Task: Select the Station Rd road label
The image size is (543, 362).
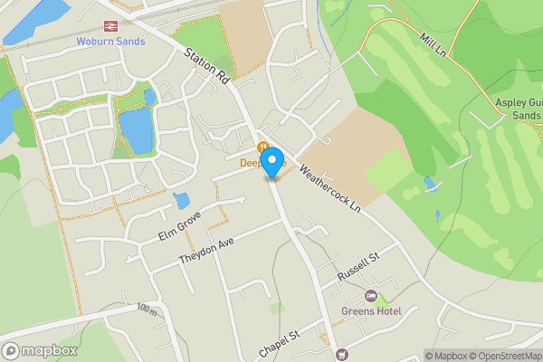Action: coord(205,66)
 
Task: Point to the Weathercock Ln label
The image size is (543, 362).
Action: coord(329,188)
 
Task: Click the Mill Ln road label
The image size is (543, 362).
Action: coord(435,45)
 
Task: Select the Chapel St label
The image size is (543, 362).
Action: coord(278,343)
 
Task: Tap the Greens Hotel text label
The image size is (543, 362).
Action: coord(370,312)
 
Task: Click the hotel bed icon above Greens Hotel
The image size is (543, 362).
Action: coord(370,297)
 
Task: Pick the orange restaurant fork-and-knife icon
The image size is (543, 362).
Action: coord(262,148)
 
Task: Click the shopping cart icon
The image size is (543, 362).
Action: coord(340,354)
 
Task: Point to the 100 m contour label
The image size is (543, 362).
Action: coord(147,310)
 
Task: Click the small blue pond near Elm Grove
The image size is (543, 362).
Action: coord(181,200)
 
